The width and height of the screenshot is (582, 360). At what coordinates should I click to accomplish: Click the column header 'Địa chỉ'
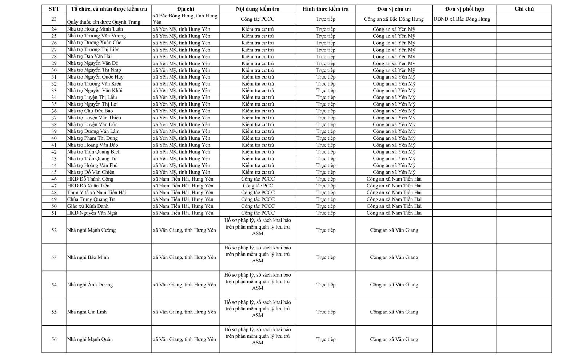click(186, 9)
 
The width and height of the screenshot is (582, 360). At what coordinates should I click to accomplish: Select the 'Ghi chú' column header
click(524, 9)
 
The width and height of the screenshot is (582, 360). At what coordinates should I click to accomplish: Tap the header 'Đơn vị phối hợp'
click(465, 9)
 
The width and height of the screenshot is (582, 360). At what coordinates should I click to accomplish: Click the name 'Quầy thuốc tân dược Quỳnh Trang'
click(104, 22)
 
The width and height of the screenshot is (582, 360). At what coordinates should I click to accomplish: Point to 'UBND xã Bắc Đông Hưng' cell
click(462, 19)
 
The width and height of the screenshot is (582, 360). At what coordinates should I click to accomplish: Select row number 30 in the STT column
click(54, 70)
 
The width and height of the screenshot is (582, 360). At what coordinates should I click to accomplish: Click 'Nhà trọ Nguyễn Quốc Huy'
click(95, 77)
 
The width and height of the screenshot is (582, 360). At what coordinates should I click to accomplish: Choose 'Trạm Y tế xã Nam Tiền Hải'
click(96, 193)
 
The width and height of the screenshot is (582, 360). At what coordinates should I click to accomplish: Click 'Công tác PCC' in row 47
click(258, 186)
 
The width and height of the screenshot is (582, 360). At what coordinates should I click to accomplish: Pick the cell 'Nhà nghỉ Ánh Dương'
click(90, 285)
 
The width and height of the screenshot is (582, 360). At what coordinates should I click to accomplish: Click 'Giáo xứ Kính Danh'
click(88, 206)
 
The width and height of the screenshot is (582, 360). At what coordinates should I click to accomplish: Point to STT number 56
click(54, 339)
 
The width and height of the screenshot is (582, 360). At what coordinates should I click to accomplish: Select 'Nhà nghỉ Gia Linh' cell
click(87, 312)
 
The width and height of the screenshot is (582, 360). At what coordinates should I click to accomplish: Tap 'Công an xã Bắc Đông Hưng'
click(394, 19)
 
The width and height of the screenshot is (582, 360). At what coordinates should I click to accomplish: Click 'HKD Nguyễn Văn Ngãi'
click(92, 213)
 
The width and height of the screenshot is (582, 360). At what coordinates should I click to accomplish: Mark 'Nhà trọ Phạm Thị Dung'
click(92, 138)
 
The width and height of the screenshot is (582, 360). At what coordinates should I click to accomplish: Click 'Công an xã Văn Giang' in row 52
click(394, 230)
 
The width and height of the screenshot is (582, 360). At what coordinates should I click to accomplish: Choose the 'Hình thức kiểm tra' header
click(326, 9)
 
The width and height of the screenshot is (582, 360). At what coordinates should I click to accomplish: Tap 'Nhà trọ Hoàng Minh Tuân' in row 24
click(95, 29)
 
